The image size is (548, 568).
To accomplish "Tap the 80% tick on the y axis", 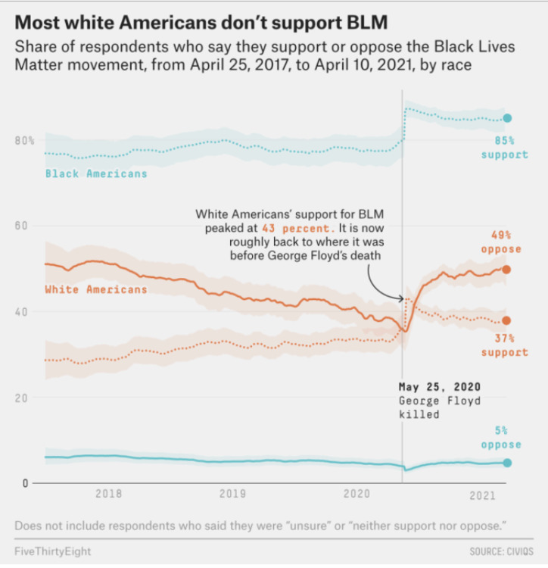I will pyautogui.click(x=24, y=141).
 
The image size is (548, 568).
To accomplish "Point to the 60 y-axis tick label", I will pyautogui.click(x=20, y=226).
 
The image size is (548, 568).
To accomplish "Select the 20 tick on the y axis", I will pyautogui.click(x=20, y=398).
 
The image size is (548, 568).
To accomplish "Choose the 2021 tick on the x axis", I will pyautogui.click(x=482, y=495).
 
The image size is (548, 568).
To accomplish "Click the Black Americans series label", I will pyautogui.click(x=96, y=173).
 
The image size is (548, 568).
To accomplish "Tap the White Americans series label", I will pyautogui.click(x=96, y=289).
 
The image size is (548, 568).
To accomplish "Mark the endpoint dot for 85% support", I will pyautogui.click(x=507, y=118).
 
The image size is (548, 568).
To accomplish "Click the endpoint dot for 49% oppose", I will pyautogui.click(x=506, y=270).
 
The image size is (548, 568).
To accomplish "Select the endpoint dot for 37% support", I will pyautogui.click(x=506, y=320).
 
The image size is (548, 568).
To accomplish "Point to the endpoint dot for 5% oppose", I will pyautogui.click(x=506, y=463).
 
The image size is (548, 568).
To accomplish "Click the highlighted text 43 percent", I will pyautogui.click(x=296, y=228).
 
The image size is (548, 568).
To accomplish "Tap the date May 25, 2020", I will pyautogui.click(x=440, y=387).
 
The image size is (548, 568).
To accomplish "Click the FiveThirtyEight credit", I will pyautogui.click(x=53, y=551).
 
